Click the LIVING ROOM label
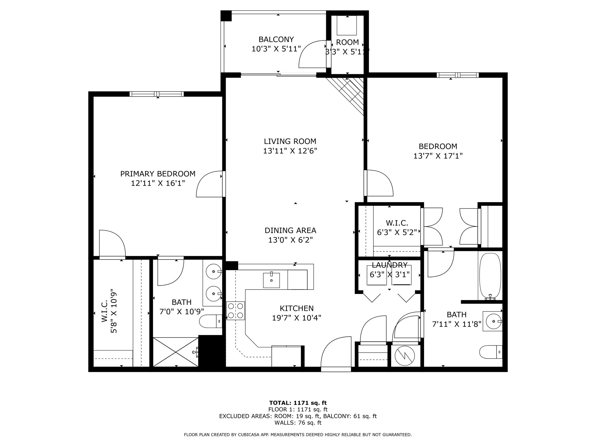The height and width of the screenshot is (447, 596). click(x=290, y=141)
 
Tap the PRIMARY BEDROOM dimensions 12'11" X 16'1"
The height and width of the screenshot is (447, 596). click(x=158, y=183)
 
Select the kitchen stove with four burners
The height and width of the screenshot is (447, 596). click(x=235, y=311)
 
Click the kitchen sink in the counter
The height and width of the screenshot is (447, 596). click(x=271, y=280)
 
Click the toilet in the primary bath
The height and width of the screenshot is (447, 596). click(x=210, y=321)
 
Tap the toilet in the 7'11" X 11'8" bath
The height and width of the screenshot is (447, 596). click(x=491, y=352)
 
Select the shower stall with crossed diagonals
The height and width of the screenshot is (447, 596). click(x=176, y=352)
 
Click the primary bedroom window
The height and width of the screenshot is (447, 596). click(x=157, y=94)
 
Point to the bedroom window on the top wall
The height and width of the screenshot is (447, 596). click(x=457, y=75)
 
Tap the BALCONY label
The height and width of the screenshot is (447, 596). click(x=276, y=39)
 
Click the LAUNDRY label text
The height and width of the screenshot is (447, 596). click(x=389, y=265)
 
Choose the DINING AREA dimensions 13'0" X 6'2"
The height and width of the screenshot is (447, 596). click(x=290, y=240)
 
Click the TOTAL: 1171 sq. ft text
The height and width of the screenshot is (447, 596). click(x=298, y=403)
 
